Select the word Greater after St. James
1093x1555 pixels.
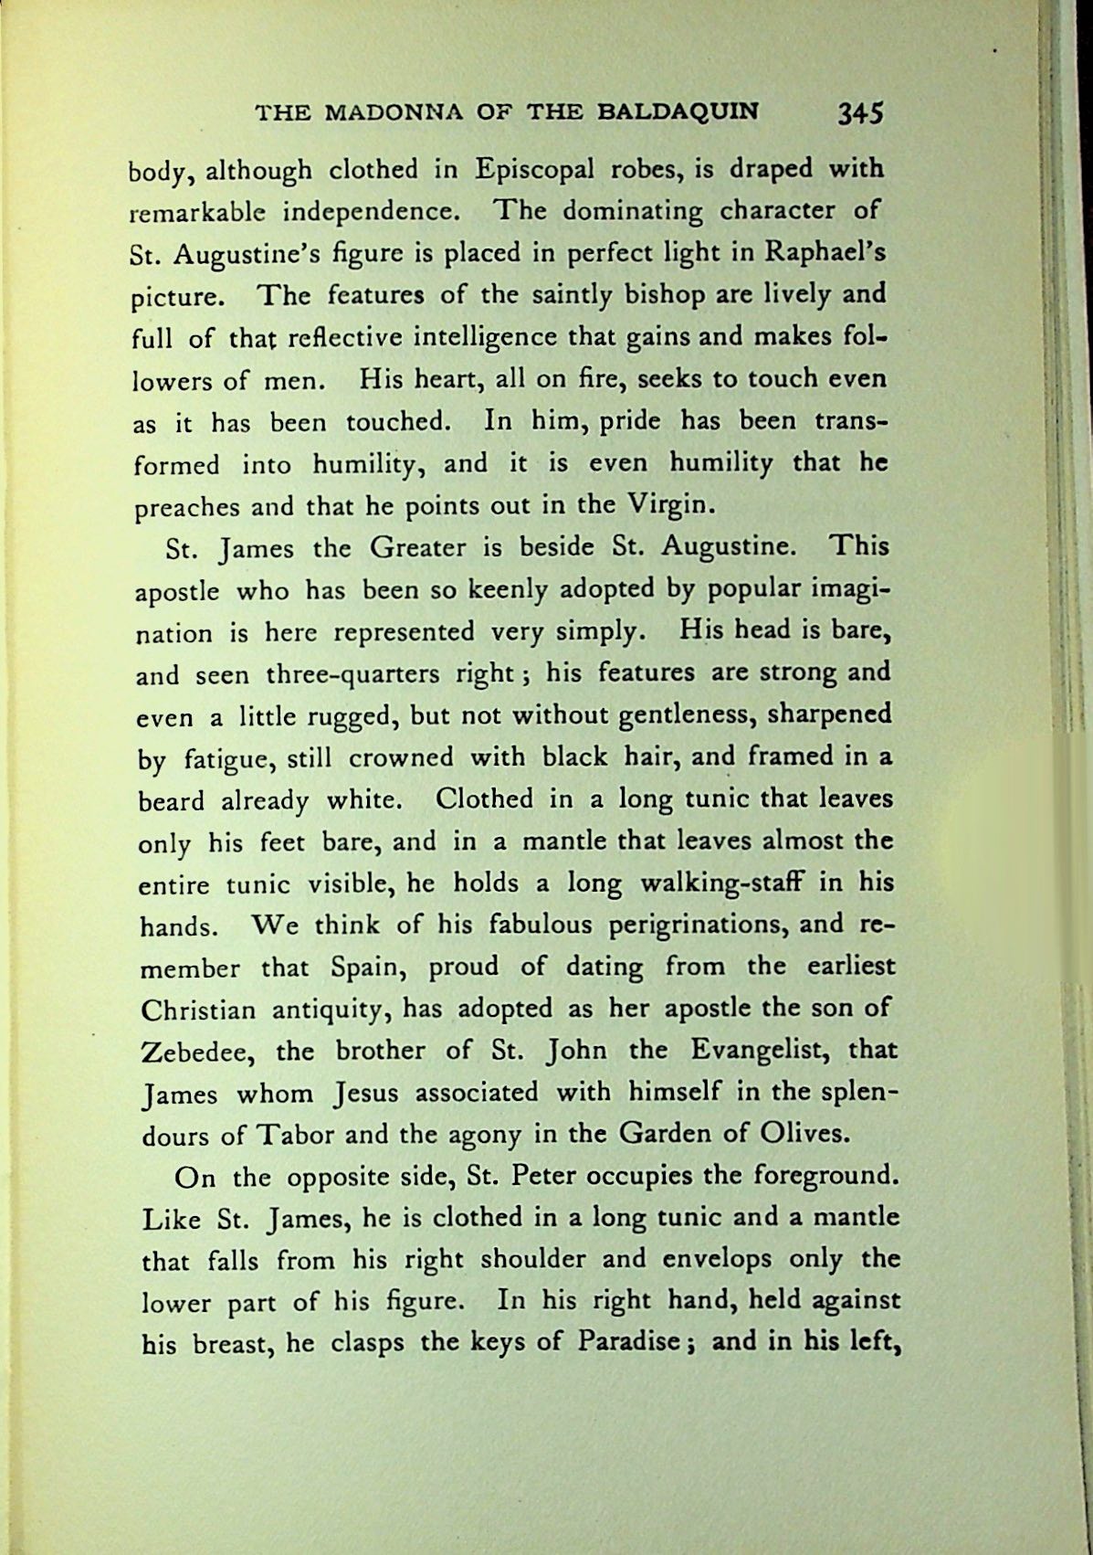[415, 548]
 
